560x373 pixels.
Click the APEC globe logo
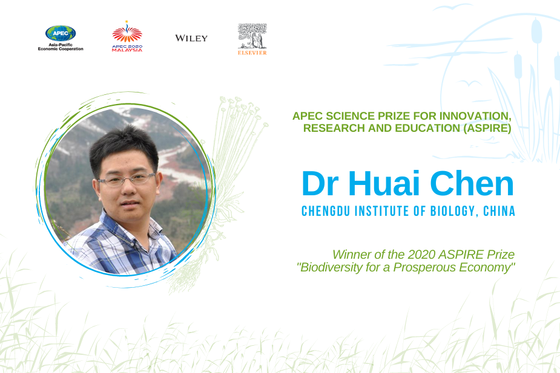coord(61,33)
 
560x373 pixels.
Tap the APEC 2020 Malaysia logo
coord(127,36)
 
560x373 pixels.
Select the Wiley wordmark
coord(191,38)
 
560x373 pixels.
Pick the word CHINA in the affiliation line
coord(499,211)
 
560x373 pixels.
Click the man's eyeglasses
coord(127,179)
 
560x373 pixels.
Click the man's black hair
coord(124,146)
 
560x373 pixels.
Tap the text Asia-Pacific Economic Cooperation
coord(61,47)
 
